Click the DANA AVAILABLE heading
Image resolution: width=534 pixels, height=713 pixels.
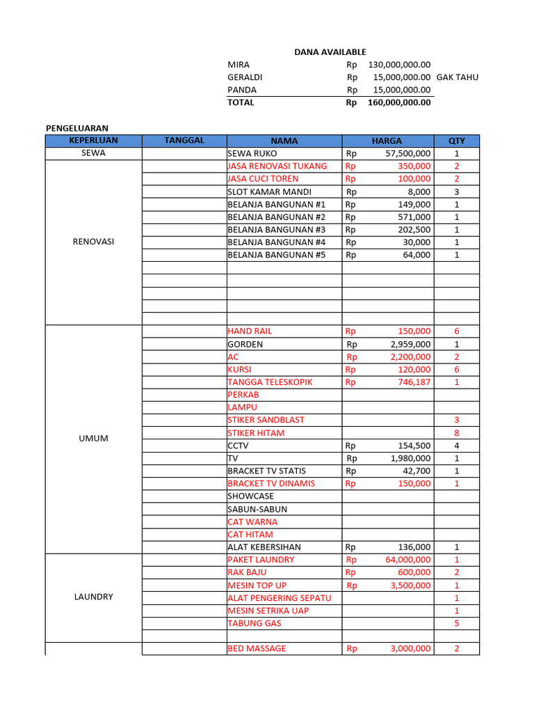point(330,52)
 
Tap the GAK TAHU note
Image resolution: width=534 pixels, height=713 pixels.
point(457,77)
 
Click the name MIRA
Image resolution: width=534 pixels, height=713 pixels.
point(238,65)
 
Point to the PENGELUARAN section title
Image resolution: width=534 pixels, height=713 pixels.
point(77,128)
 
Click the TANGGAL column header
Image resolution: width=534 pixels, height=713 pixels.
point(184,141)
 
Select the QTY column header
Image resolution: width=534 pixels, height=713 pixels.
point(456,141)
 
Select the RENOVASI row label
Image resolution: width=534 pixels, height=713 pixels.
point(93,242)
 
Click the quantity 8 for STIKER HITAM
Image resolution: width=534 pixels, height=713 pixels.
point(456,433)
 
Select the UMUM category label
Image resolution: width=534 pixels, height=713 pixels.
point(93,439)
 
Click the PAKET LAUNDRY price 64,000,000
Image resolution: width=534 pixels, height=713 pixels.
point(407,560)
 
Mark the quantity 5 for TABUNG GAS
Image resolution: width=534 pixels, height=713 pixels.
point(456,623)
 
